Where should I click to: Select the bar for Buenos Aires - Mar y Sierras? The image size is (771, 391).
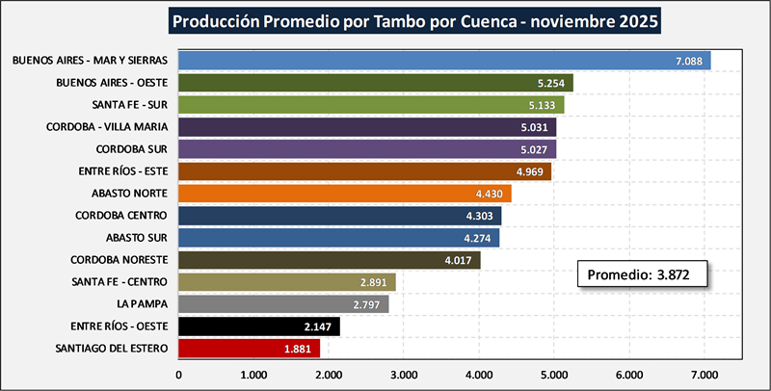(x=443, y=61)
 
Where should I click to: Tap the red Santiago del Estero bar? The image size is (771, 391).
(x=249, y=349)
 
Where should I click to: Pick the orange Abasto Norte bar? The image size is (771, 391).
(x=345, y=194)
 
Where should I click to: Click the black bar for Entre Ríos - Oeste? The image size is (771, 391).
(x=259, y=326)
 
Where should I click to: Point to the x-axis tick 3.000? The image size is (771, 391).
(x=404, y=374)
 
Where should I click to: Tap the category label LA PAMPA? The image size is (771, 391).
(x=142, y=303)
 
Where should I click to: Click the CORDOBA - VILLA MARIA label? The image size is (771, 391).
(x=108, y=127)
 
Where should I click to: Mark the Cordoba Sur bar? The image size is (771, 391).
(x=367, y=149)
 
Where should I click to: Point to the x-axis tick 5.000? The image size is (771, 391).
(x=553, y=374)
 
